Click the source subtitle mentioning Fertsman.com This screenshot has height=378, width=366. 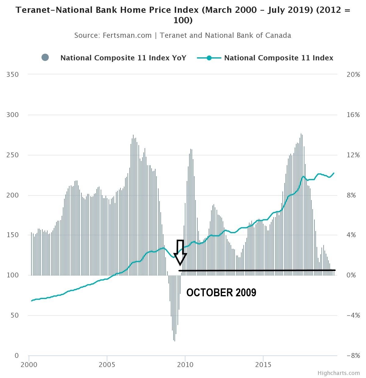click(x=183, y=35)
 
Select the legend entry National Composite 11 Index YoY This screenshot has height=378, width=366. click(x=123, y=58)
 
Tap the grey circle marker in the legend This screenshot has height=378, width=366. click(x=45, y=57)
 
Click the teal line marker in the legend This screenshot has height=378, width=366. click(x=209, y=58)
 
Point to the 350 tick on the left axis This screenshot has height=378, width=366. click(x=12, y=75)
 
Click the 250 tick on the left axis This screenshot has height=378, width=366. click(x=12, y=155)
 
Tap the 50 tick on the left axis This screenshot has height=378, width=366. click(x=15, y=316)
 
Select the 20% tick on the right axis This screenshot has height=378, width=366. click(x=353, y=75)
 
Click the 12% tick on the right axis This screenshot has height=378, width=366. click(x=353, y=155)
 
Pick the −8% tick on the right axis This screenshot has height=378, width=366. click(x=353, y=356)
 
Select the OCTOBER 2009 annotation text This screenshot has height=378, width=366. click(x=221, y=293)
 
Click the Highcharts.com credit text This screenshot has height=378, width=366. click(x=339, y=373)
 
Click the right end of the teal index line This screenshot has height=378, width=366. click(x=334, y=173)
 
